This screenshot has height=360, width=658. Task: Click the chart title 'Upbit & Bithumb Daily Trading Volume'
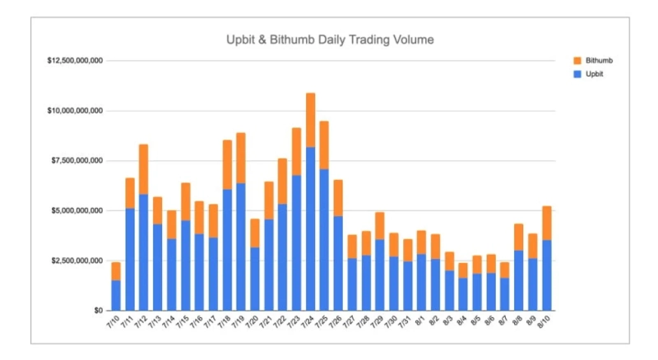[329, 39]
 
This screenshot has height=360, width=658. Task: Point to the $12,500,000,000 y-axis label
[76, 61]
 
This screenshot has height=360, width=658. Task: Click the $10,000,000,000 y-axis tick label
[76, 110]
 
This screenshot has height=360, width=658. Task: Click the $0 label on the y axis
[97, 311]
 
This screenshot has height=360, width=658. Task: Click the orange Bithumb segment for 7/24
[310, 120]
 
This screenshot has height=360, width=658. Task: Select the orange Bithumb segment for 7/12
[143, 169]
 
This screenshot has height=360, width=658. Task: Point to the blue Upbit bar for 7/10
[116, 295]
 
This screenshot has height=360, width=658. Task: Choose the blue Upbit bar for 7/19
[240, 247]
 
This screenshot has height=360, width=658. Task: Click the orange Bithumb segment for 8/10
[546, 223]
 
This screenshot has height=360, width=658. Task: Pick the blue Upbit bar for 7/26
[338, 263]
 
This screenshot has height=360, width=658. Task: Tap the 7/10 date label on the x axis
[113, 325]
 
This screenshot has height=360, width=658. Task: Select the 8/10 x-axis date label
[543, 325]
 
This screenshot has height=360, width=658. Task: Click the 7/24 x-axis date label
[307, 325]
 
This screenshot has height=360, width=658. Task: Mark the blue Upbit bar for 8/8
[519, 280]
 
